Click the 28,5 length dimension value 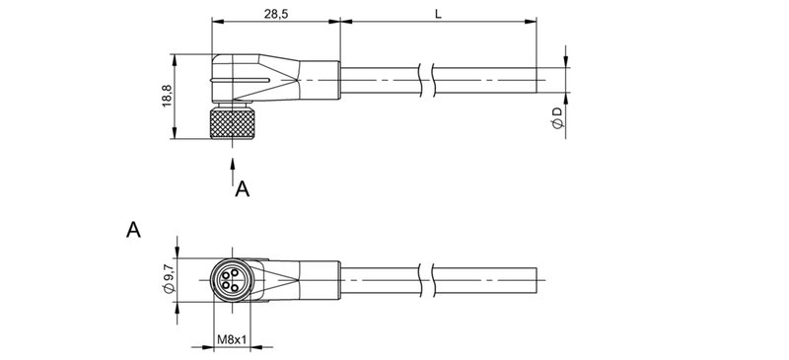pos(275,12)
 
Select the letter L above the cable pos(437,12)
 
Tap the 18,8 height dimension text pos(167,98)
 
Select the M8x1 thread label pos(231,341)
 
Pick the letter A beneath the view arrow pos(243,188)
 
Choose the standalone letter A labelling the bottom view pos(133,230)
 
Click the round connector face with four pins pos(231,279)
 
